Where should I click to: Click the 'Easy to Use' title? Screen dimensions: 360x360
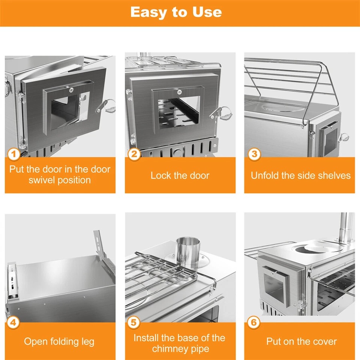tap(176, 12)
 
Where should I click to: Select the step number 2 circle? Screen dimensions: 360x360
tap(134, 154)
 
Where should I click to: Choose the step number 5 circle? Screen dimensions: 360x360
tap(134, 322)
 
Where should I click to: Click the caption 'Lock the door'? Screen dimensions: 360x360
tap(180, 175)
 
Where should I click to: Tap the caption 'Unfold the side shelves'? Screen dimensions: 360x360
tap(300, 175)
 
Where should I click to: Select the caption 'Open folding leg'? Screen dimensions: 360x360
tap(59, 342)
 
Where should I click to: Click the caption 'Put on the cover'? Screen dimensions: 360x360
tap(301, 342)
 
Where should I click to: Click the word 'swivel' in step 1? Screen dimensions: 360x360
tap(44, 180)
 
